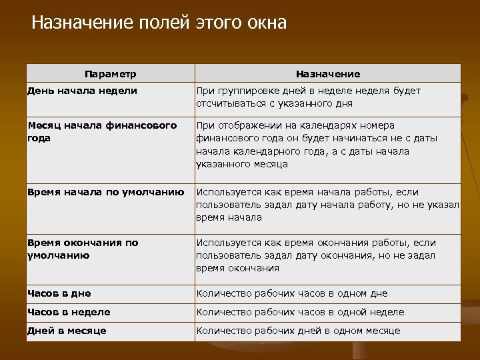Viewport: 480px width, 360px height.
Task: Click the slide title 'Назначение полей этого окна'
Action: [x=159, y=23]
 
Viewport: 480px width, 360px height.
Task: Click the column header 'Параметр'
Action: [x=111, y=73]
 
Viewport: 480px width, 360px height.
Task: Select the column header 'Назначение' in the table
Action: [x=327, y=74]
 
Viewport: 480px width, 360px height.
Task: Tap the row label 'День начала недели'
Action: [x=82, y=91]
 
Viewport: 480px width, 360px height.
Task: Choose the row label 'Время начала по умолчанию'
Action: [x=105, y=192]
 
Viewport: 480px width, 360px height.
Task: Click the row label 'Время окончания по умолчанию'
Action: [x=83, y=249]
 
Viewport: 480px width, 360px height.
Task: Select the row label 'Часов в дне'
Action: [x=59, y=293]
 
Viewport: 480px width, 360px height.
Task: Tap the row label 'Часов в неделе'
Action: [x=69, y=312]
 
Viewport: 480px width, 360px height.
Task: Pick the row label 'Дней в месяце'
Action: [x=67, y=331]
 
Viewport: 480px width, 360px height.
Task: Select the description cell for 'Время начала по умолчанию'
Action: [x=327, y=205]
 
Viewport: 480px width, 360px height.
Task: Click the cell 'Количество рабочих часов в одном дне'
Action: [x=291, y=293]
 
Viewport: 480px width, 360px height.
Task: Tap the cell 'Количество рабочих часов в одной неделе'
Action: [x=300, y=312]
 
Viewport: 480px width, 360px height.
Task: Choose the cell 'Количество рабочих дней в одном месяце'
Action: [x=298, y=331]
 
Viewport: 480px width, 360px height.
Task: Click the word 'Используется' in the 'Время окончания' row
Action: [x=226, y=243]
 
